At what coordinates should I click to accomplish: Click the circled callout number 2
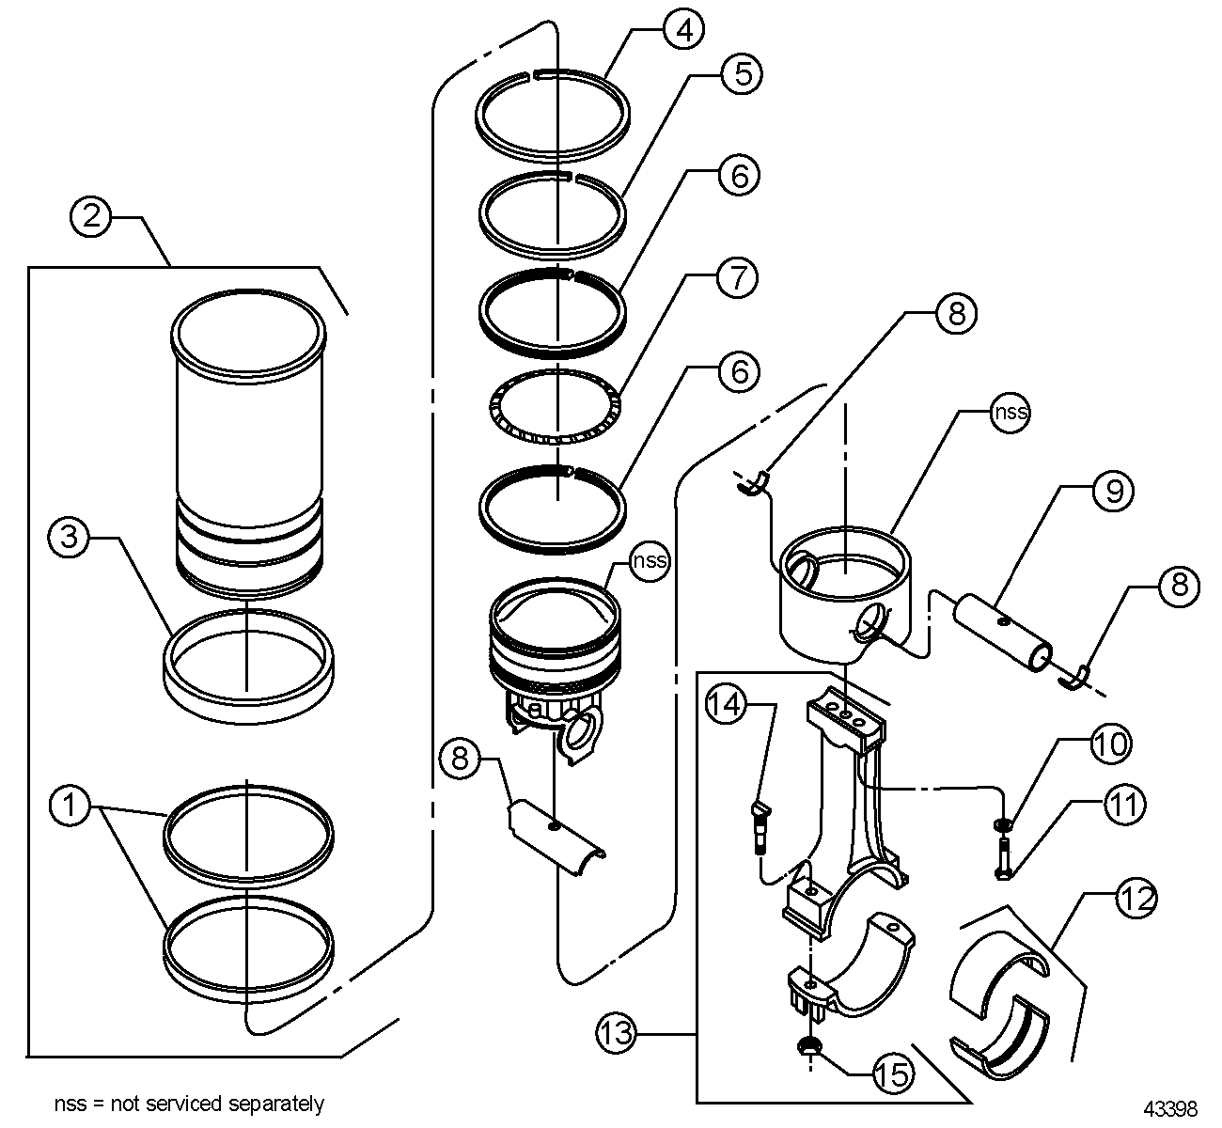[x=90, y=217]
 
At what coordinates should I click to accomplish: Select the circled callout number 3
[x=69, y=538]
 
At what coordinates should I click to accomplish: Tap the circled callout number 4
[x=684, y=30]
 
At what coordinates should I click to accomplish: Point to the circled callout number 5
[x=742, y=73]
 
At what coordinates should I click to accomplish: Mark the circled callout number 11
[x=1125, y=804]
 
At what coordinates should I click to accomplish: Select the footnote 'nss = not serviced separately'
[x=189, y=1104]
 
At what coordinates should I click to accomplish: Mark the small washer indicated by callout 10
[x=1004, y=826]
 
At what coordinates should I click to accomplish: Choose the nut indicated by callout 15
[x=807, y=1046]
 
